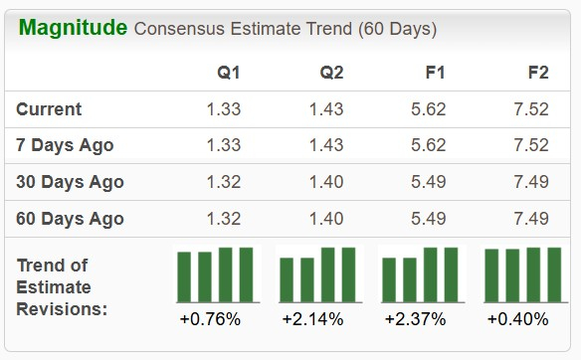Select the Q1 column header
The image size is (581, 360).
pyautogui.click(x=229, y=73)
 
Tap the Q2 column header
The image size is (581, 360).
pyautogui.click(x=332, y=73)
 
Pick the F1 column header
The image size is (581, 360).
pyautogui.click(x=436, y=73)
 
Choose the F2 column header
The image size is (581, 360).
pyautogui.click(x=538, y=73)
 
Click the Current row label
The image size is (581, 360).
pyautogui.click(x=50, y=109)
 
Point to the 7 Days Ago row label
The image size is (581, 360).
pyautogui.click(x=66, y=145)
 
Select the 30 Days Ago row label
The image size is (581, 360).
pyautogui.click(x=71, y=182)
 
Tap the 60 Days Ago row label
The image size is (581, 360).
pyautogui.click(x=71, y=219)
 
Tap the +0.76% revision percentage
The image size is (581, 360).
pyautogui.click(x=210, y=319)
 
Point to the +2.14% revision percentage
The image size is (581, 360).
pyautogui.click(x=312, y=319)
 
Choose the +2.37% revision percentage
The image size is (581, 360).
pyautogui.click(x=415, y=319)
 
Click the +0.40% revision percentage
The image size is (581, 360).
pyautogui.click(x=517, y=319)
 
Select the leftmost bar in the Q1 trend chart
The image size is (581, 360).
pyautogui.click(x=184, y=275)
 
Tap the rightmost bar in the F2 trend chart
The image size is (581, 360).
pyautogui.click(x=554, y=273)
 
